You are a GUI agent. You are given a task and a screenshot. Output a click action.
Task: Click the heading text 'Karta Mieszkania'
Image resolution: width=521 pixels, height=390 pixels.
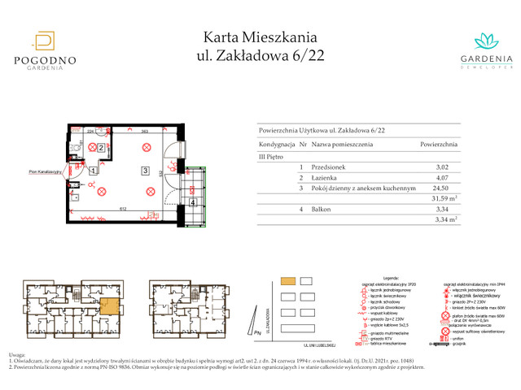click(260, 37)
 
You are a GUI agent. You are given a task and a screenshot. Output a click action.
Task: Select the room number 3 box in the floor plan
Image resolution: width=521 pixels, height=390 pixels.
click(143, 171)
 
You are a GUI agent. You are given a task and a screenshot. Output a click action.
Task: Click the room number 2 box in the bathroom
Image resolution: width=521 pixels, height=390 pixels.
click(101, 148)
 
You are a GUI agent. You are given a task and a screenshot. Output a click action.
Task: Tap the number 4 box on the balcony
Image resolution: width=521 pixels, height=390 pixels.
click(192, 202)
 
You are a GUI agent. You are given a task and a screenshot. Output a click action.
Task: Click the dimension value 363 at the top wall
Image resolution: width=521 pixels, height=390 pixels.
click(142, 130)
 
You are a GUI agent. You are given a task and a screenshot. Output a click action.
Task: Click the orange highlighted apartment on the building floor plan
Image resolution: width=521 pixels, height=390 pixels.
click(109, 308)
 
